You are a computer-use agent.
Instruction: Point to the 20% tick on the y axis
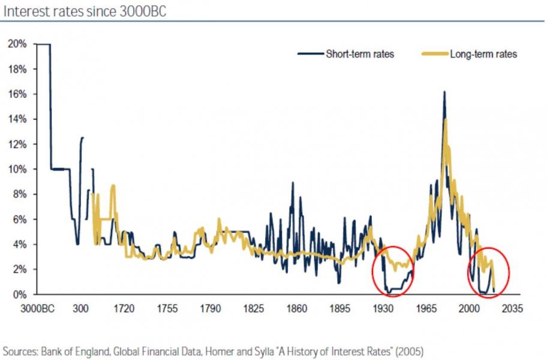(17, 44)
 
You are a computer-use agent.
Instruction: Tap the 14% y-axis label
(17, 119)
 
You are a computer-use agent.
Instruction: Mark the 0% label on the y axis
(19, 295)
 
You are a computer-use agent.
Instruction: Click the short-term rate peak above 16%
(444, 92)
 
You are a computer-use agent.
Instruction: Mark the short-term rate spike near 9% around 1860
(293, 183)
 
